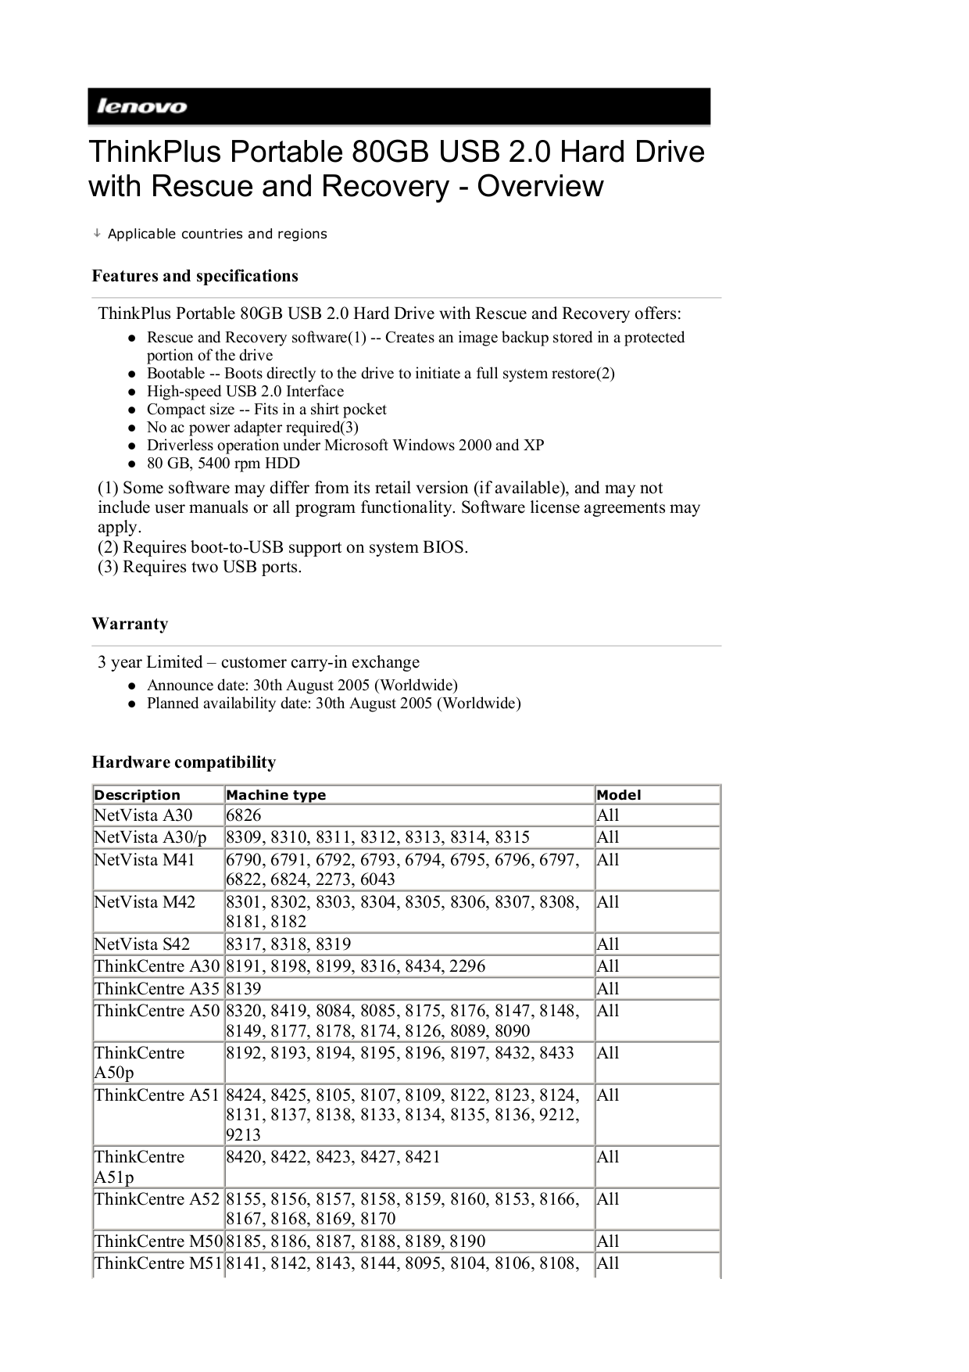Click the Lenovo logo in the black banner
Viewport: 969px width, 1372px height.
141,107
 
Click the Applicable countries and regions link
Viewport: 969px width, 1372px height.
216,234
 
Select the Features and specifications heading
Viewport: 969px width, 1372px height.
195,276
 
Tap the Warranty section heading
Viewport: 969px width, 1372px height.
130,624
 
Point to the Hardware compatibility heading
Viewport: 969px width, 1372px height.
184,762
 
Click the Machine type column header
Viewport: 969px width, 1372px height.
276,795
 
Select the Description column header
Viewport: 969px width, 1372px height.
137,795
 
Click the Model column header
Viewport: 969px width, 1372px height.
618,795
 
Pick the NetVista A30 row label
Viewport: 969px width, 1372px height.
143,815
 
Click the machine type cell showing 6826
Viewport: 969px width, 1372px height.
243,815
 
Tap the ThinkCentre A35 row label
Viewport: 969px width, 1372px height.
156,989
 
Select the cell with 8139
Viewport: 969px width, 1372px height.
243,989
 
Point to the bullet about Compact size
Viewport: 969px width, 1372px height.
266,410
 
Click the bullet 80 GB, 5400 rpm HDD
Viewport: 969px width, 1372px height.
223,463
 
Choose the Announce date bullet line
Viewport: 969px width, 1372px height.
302,686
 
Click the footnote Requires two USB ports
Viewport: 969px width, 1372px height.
199,567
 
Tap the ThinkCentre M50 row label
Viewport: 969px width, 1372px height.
158,1241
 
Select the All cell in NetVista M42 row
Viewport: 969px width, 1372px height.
607,902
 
